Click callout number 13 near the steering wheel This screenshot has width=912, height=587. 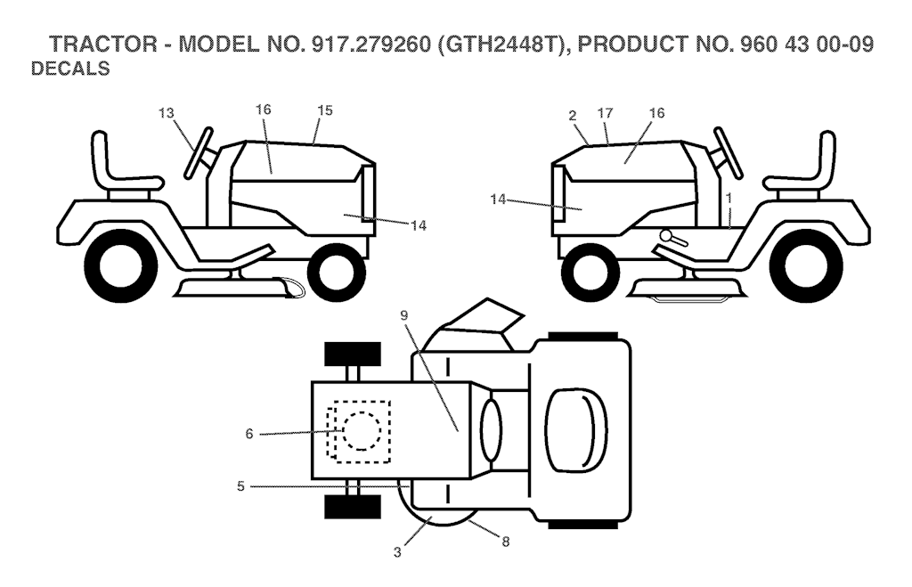click(x=167, y=113)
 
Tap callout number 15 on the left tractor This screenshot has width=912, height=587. click(x=325, y=110)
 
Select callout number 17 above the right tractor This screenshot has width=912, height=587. click(x=606, y=113)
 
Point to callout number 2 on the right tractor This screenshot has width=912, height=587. click(x=573, y=116)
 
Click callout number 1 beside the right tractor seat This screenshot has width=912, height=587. click(x=729, y=199)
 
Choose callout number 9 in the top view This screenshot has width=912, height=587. click(x=404, y=315)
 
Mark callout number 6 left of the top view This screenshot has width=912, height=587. click(x=249, y=434)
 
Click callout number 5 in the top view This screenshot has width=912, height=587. click(x=240, y=485)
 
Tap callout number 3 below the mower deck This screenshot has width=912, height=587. click(x=397, y=552)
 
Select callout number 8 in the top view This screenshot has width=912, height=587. click(x=506, y=542)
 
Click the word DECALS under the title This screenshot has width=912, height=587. click(x=70, y=69)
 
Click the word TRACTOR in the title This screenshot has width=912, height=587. click(x=103, y=45)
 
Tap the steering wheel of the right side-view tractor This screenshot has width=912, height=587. click(x=727, y=152)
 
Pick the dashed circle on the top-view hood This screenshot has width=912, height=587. click(x=362, y=431)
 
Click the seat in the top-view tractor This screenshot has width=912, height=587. click(x=577, y=429)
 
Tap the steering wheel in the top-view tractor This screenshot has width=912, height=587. click(x=491, y=429)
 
